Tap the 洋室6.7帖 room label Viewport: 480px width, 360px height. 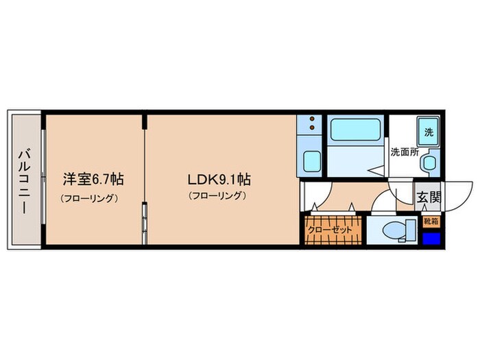[x=93, y=180]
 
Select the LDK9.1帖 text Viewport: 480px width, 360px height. [x=219, y=180]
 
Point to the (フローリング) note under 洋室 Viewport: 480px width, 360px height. [x=90, y=197]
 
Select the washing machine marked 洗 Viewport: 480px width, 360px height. [x=429, y=132]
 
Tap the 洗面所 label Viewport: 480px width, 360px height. [x=404, y=152]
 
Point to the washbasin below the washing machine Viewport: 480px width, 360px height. [x=429, y=162]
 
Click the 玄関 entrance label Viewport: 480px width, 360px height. [x=429, y=197]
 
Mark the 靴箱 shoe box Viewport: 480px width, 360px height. [x=431, y=221]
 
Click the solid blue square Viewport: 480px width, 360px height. [x=431, y=239]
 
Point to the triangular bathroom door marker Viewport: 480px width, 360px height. [x=372, y=167]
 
